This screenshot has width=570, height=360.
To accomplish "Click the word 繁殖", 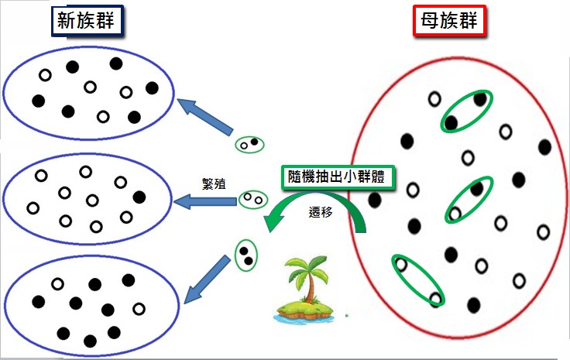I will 213,184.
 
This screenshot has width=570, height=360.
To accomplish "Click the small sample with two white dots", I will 252,200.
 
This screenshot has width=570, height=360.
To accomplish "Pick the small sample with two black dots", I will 246,256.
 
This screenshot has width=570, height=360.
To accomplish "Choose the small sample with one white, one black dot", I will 249,143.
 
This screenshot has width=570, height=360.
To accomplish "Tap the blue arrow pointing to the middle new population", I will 205,202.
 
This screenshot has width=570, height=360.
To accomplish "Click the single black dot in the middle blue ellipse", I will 139,197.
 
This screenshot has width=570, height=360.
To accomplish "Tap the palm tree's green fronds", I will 306,271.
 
